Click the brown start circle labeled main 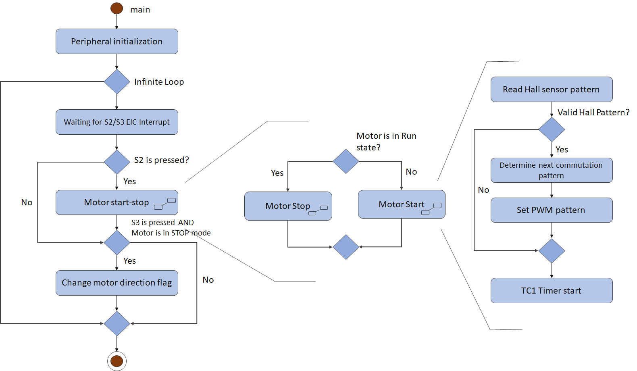(117, 8)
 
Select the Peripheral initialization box (117, 41)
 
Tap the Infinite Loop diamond (117, 81)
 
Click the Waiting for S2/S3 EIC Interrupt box (117, 122)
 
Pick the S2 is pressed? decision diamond (117, 162)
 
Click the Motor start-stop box (117, 202)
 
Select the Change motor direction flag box (117, 283)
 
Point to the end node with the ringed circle (117, 361)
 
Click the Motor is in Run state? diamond (346, 161)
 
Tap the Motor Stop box (288, 206)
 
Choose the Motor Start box (401, 204)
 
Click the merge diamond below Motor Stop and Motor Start (346, 247)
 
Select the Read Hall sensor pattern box (551, 89)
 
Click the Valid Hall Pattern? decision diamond (552, 129)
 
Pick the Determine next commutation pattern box (551, 170)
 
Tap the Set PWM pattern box (551, 210)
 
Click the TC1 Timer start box (551, 290)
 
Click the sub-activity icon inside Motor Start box (431, 208)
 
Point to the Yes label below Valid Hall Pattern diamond (562, 150)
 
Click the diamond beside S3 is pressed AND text (117, 242)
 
